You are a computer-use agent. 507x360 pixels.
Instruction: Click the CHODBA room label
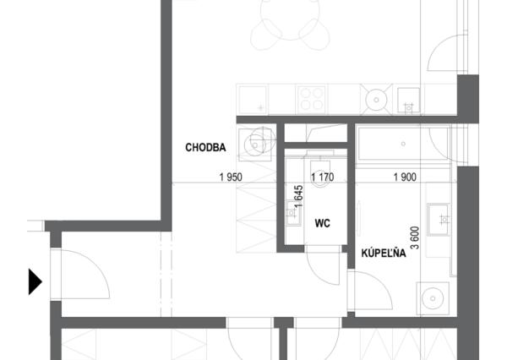pyautogui.click(x=205, y=148)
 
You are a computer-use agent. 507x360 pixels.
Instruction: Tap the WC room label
pyautogui.click(x=323, y=223)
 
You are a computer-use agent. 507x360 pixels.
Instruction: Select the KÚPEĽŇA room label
pyautogui.click(x=384, y=253)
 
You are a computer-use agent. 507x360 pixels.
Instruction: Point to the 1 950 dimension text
pyautogui.click(x=231, y=177)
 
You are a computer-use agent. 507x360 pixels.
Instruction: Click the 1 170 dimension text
pyautogui.click(x=323, y=177)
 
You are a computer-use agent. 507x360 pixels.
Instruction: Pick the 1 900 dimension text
pyautogui.click(x=405, y=177)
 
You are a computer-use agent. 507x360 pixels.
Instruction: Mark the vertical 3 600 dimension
pyautogui.click(x=415, y=237)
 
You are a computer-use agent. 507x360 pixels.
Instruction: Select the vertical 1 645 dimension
pyautogui.click(x=299, y=196)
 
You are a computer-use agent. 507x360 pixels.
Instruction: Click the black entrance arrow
pyautogui.click(x=35, y=281)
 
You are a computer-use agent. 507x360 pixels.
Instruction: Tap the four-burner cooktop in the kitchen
pyautogui.click(x=311, y=98)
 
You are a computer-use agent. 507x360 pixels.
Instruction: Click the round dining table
pyautogui.click(x=290, y=18)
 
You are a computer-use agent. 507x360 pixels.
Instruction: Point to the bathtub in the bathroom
pyautogui.click(x=403, y=144)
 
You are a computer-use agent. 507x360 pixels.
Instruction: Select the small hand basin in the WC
pyautogui.click(x=293, y=213)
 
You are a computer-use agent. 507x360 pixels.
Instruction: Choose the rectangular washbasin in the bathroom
pyautogui.click(x=438, y=220)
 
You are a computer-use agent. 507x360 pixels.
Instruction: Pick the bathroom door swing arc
pyautogui.click(x=382, y=285)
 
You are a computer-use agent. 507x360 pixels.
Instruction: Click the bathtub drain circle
pyautogui.click(x=403, y=144)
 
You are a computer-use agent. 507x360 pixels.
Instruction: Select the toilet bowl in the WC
pyautogui.click(x=320, y=174)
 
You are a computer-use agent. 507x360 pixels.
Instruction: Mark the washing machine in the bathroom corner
pyautogui.click(x=433, y=298)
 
